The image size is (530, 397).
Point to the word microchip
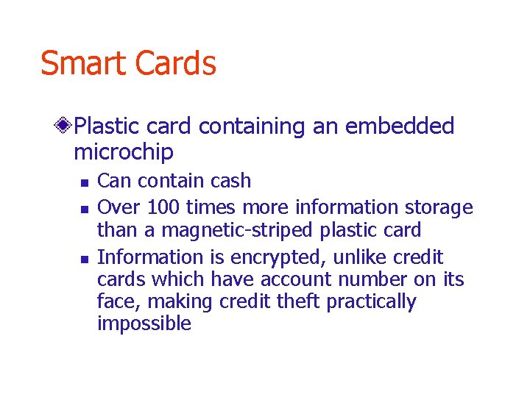click(x=124, y=152)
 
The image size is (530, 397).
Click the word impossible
click(x=144, y=323)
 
